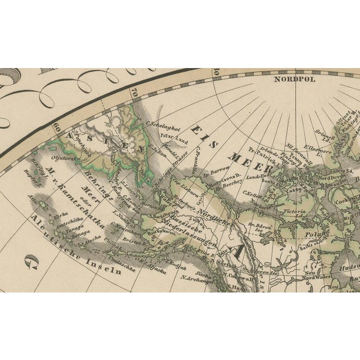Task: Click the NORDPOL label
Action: (295, 79)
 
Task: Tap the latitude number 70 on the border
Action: (133, 91)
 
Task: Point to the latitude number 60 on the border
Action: (57, 127)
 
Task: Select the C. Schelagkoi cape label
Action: (163, 126)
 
